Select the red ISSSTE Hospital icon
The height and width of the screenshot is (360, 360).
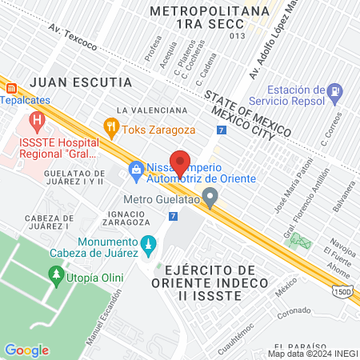pyautogui.click(x=35, y=122)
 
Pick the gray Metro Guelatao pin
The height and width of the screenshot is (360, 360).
pyautogui.click(x=210, y=196)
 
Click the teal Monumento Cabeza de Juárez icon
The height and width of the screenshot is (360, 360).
pyautogui.click(x=147, y=243)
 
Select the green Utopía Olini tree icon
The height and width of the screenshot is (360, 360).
pyautogui.click(x=56, y=276)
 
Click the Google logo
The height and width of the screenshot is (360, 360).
pyautogui.click(x=26, y=350)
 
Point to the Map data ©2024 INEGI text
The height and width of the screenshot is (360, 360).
pyautogui.click(x=311, y=354)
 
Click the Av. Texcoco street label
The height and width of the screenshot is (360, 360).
pyautogui.click(x=74, y=38)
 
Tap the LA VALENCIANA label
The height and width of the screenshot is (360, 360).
pyautogui.click(x=152, y=109)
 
